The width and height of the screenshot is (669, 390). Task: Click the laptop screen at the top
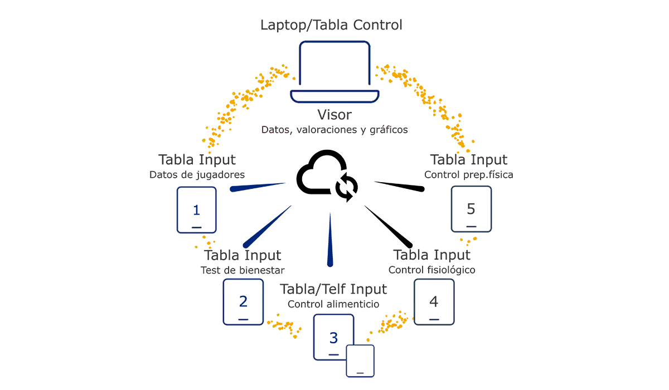click(x=334, y=65)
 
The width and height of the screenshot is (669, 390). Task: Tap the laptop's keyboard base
click(x=334, y=97)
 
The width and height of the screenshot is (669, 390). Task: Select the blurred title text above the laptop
click(x=332, y=25)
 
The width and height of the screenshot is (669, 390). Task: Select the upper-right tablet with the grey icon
click(x=472, y=209)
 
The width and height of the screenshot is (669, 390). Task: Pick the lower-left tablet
click(x=243, y=301)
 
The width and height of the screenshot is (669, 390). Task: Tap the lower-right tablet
click(x=434, y=301)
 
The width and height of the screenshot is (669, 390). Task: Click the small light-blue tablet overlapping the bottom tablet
click(x=360, y=360)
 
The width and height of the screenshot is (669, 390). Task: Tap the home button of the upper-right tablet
click(x=471, y=227)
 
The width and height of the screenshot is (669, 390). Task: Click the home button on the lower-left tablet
click(x=243, y=319)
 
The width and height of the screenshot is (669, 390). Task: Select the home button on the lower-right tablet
click(x=434, y=319)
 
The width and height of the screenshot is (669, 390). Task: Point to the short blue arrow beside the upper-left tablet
click(x=259, y=188)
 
